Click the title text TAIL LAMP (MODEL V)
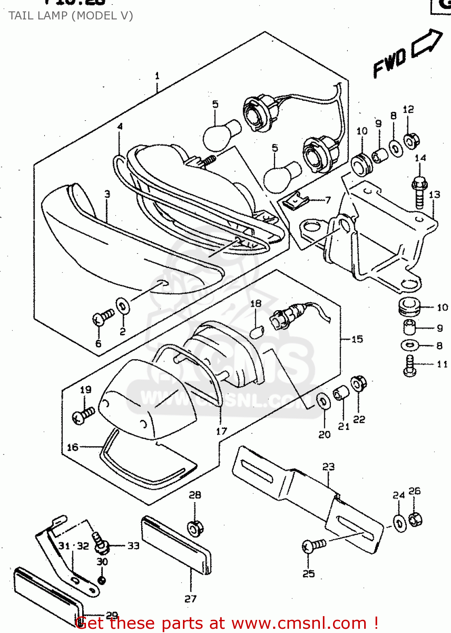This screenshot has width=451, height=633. coord(71,16)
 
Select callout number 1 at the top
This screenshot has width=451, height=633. coord(157,76)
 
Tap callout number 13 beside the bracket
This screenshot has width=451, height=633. coord(434,195)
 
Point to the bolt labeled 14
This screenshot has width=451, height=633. coord(419,192)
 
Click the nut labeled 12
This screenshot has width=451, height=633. coord(411,140)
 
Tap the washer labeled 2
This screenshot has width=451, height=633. coord(123,306)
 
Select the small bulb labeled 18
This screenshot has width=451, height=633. coord(257,332)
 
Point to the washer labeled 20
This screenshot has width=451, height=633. coord(323,401)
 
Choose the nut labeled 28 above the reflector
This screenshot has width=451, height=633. coord(195,528)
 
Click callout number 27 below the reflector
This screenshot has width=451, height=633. coord(191,598)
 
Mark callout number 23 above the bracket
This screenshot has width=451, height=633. coord(328,467)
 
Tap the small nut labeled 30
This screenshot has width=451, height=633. coord(102,580)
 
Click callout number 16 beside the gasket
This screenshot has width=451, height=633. coord(72,447)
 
